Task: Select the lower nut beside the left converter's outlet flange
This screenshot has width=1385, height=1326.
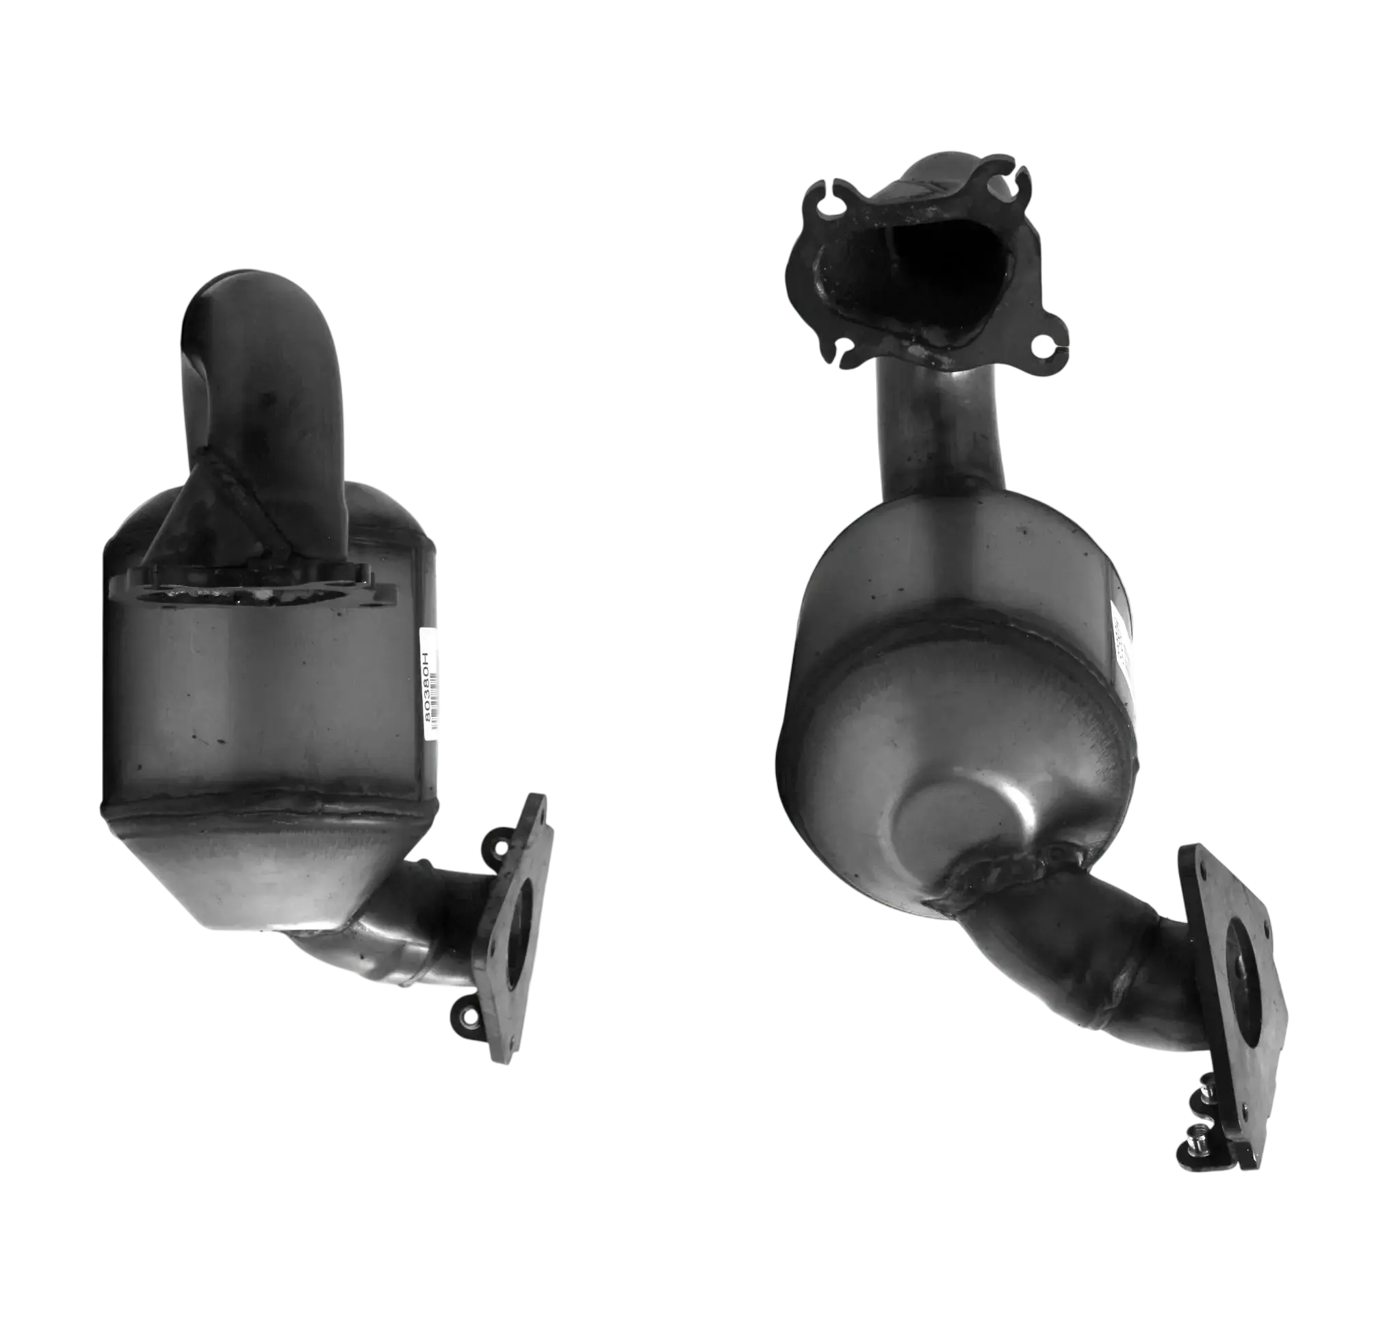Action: click(x=465, y=1018)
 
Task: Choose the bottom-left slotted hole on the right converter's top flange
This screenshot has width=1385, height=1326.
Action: click(x=844, y=347)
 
